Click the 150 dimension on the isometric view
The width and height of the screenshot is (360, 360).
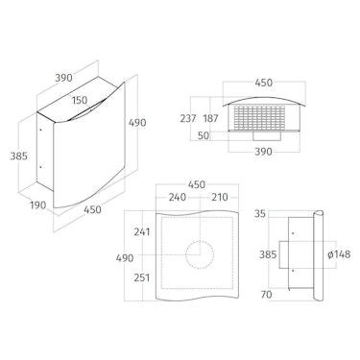[80, 100]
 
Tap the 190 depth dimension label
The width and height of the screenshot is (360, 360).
[38, 205]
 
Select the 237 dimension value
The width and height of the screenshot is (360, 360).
[188, 118]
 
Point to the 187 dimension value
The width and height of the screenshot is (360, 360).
[210, 118]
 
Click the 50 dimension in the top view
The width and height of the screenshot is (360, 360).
[204, 135]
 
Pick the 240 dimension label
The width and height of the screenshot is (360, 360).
[178, 197]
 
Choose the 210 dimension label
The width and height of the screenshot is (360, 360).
[220, 197]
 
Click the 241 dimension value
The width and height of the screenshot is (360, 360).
[142, 231]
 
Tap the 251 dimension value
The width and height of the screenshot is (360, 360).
[142, 277]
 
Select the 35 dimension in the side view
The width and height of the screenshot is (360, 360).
[260, 214]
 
